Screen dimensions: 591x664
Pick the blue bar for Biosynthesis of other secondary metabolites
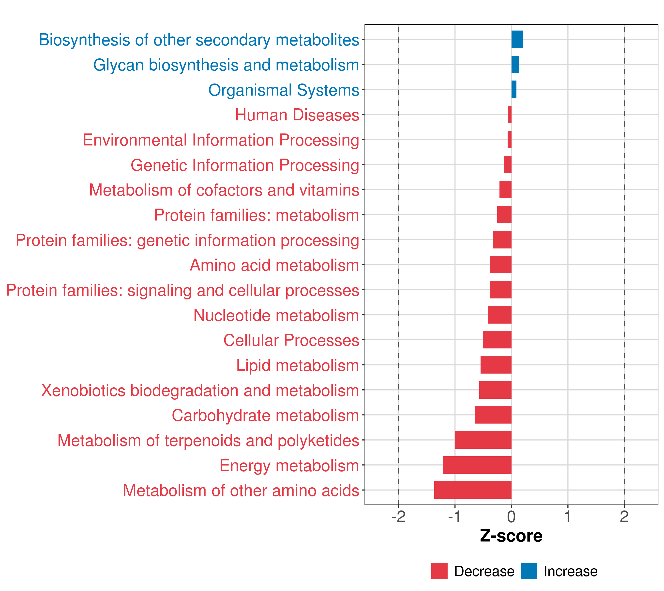(517, 39)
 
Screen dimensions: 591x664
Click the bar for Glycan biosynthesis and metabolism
(515, 65)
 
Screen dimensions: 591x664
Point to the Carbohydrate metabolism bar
(493, 415)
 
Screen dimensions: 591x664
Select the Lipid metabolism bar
(496, 365)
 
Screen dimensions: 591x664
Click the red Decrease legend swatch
(439, 571)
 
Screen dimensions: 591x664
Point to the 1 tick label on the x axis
(568, 517)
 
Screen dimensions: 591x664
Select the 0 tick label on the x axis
(511, 517)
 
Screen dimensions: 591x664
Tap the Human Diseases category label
(297, 115)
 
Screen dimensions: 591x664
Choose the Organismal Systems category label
(284, 90)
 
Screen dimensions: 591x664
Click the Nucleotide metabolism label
(276, 315)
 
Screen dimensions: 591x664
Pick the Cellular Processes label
(291, 340)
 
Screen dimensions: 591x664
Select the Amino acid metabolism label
(274, 265)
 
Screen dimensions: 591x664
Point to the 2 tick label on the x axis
(624, 517)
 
